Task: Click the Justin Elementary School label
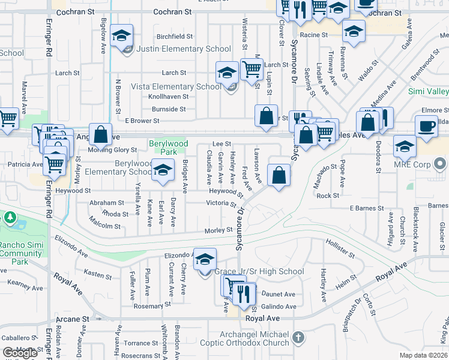click(183, 49)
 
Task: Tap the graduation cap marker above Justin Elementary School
click(121, 36)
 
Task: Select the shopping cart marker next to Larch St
click(252, 69)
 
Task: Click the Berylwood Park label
click(169, 148)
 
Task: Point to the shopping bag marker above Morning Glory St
click(101, 134)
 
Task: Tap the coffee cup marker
click(426, 126)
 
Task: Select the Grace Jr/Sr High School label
click(259, 272)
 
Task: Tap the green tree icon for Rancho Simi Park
click(10, 217)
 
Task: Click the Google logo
click(20, 353)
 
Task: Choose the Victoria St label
click(221, 203)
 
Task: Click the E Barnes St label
click(367, 208)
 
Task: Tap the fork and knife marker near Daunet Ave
click(243, 293)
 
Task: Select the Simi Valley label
click(428, 91)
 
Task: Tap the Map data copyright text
click(424, 355)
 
